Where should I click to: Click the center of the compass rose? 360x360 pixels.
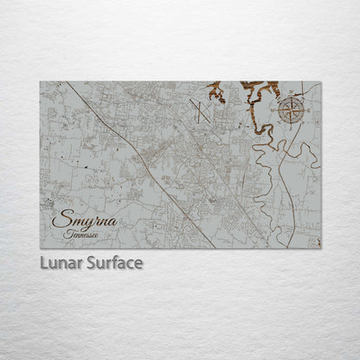pos(291,108)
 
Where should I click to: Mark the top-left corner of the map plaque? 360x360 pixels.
pos(41,83)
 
